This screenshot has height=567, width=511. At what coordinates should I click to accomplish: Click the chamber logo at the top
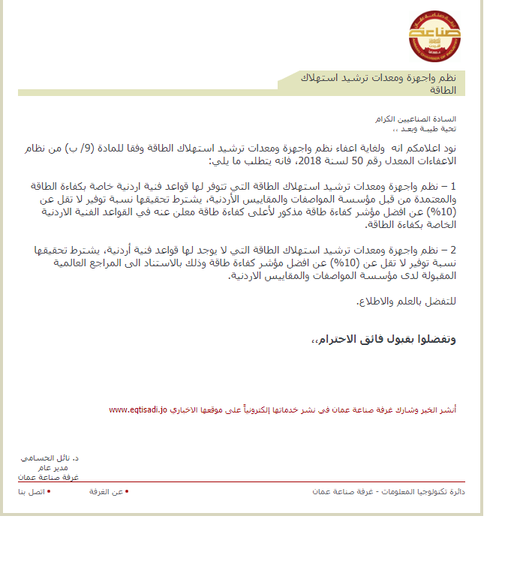click(x=430, y=34)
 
